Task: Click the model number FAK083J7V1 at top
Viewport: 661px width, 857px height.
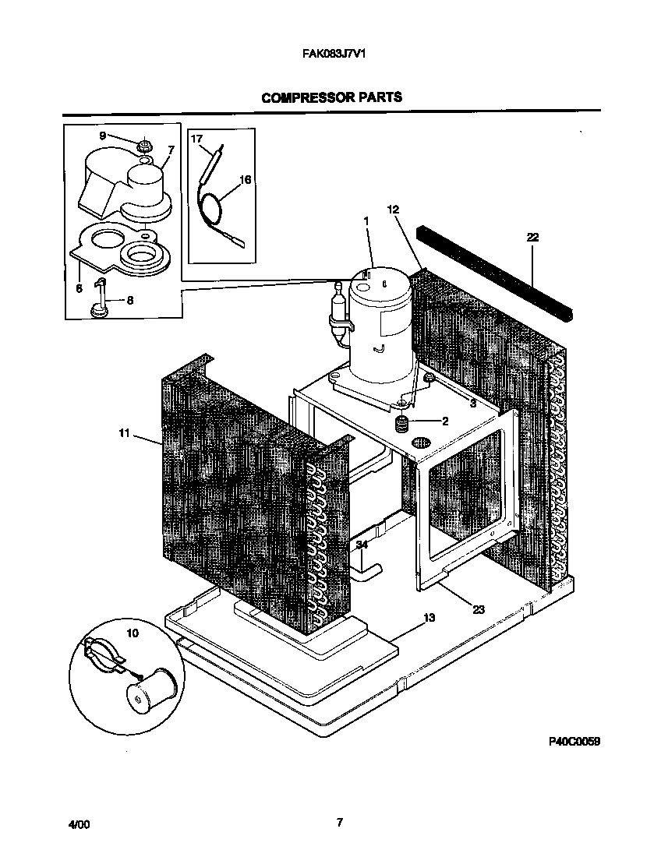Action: pos(334,56)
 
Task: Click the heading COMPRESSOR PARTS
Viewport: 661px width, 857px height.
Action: pos(331,98)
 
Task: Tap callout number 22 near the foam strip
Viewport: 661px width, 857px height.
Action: pos(533,237)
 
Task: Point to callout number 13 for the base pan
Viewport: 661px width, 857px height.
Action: pos(429,618)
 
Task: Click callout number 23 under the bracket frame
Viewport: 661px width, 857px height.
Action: pos(479,609)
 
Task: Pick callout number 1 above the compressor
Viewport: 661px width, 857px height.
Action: pos(365,220)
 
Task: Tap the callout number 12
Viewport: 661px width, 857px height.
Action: pos(393,209)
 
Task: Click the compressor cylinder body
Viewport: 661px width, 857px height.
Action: pos(380,319)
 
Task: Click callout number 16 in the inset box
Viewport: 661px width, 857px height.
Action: pos(245,180)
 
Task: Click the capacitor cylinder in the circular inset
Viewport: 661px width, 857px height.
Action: pos(152,689)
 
